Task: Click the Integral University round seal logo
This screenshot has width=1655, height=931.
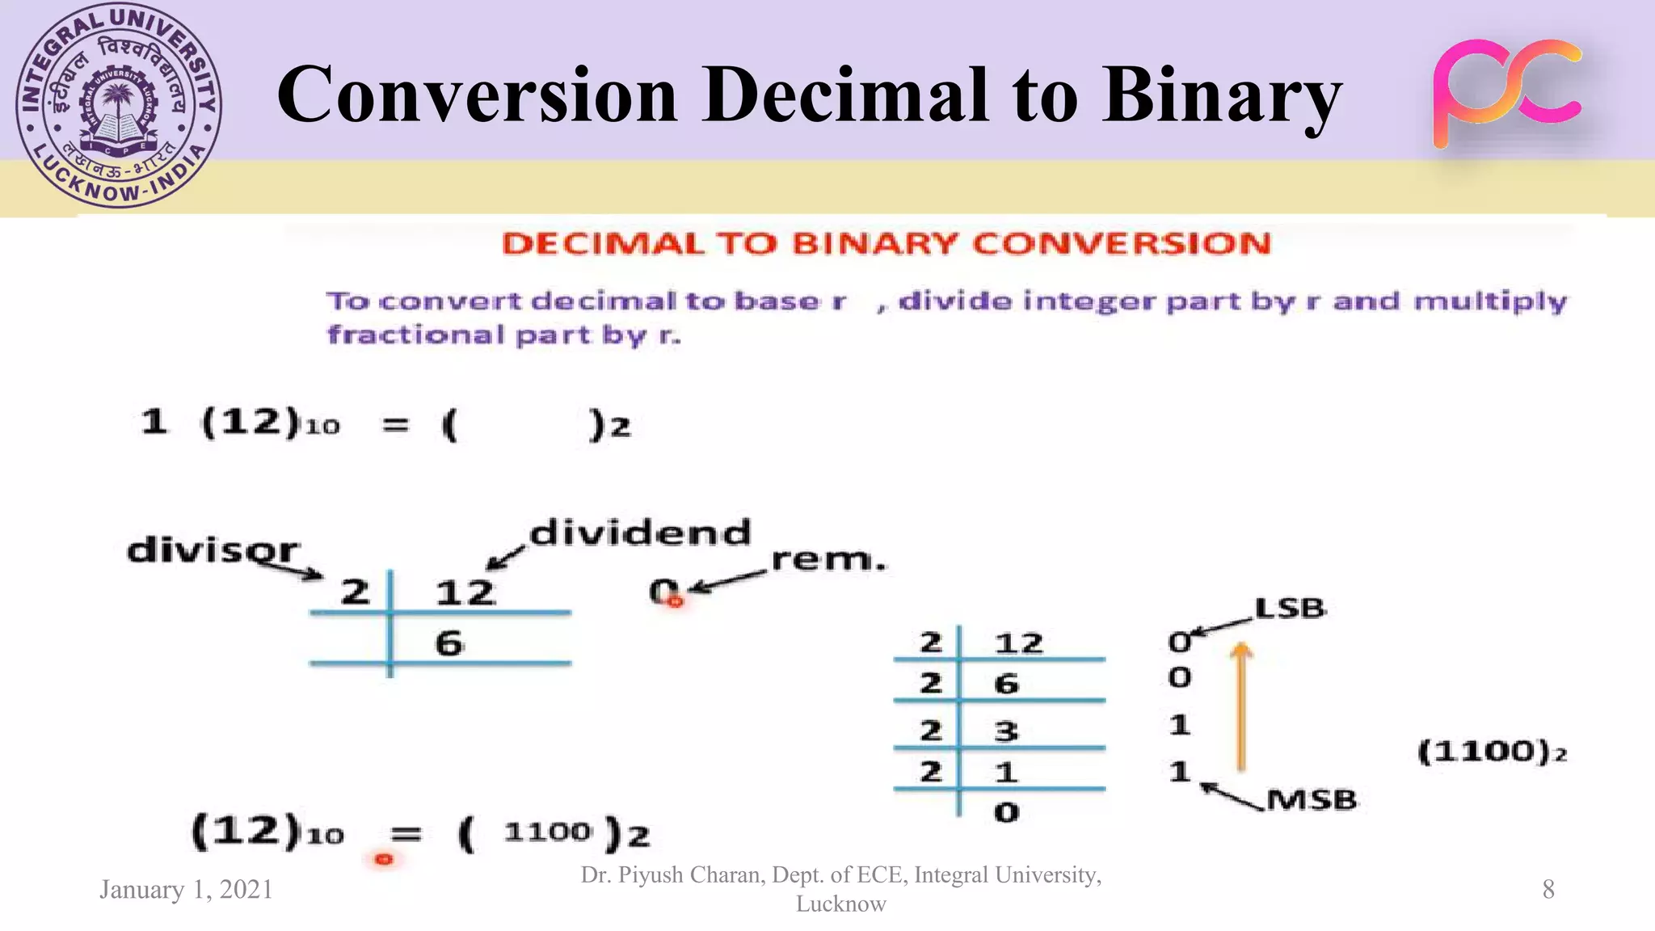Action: click(x=119, y=105)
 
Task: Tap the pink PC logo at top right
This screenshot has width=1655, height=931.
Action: click(x=1507, y=93)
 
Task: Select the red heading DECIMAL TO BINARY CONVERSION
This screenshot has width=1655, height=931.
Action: click(x=886, y=244)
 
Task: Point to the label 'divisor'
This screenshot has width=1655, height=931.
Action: click(x=213, y=550)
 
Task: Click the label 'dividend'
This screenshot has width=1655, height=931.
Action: click(x=640, y=533)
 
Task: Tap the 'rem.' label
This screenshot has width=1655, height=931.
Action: click(x=828, y=559)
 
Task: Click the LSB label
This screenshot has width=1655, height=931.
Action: click(x=1290, y=608)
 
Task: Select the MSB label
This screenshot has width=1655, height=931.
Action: click(x=1311, y=800)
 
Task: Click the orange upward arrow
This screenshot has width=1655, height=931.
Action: click(x=1241, y=706)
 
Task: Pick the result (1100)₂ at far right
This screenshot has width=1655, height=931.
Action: click(x=1492, y=752)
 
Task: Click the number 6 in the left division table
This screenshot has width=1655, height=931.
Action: click(x=449, y=643)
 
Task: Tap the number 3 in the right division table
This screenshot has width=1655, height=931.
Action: click(x=1006, y=731)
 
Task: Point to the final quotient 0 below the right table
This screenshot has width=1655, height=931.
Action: click(x=1006, y=812)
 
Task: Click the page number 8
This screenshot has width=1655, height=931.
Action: click(x=1548, y=889)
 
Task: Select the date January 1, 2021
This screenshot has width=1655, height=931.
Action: click(x=186, y=889)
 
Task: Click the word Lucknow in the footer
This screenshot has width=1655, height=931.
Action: click(x=840, y=904)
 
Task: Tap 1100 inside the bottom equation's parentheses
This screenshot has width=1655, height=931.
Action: click(x=547, y=832)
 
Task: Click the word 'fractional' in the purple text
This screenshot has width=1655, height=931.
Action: click(x=415, y=335)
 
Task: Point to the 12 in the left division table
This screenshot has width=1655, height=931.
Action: click(x=465, y=593)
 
